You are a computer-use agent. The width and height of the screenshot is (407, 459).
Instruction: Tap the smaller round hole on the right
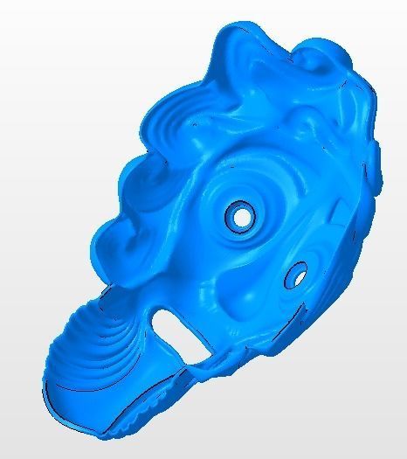pos(297,275)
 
